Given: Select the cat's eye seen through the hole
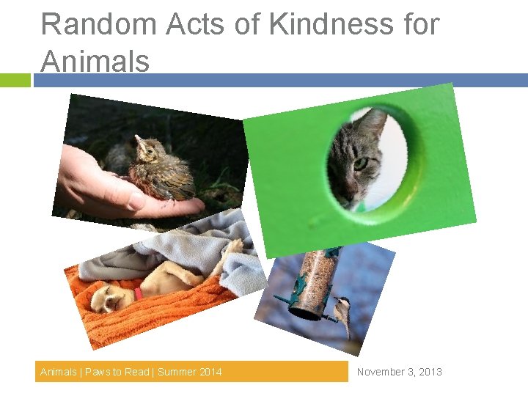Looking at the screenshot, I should click(x=361, y=164).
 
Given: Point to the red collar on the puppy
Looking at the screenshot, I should click(x=138, y=293).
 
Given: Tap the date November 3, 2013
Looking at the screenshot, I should click(x=399, y=372).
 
